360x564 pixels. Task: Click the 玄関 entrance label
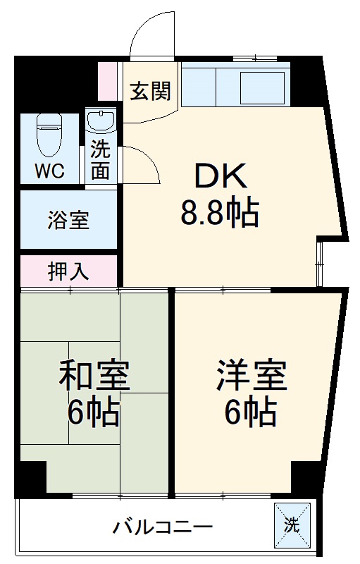click(x=151, y=91)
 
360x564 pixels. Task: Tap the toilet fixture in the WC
click(x=49, y=134)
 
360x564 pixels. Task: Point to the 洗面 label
click(x=101, y=160)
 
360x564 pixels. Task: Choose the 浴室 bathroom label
click(x=68, y=220)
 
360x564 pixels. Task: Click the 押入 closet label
click(x=68, y=271)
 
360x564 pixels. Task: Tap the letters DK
click(x=221, y=176)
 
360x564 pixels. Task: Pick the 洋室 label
click(x=252, y=376)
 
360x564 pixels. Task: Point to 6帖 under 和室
click(x=94, y=413)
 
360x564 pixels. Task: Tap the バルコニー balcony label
click(x=162, y=527)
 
